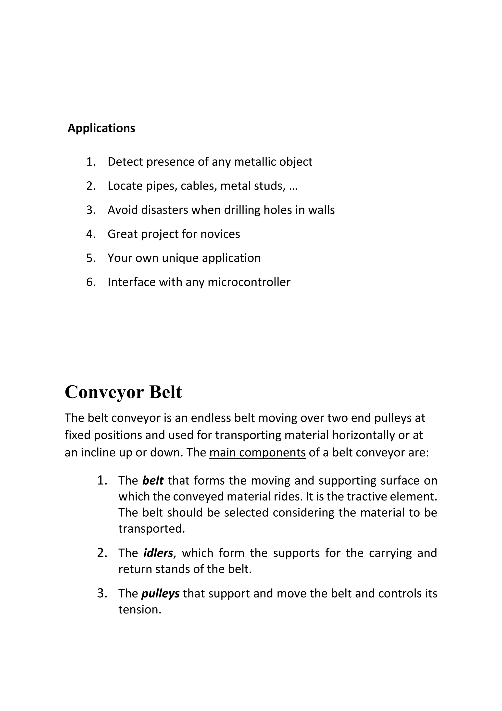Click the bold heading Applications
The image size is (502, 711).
point(101,128)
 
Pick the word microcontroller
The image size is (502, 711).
point(249,282)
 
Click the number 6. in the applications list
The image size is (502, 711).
point(91,282)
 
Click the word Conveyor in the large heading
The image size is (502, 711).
point(104,392)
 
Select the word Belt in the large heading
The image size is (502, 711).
point(165,392)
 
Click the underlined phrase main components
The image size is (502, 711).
point(257,452)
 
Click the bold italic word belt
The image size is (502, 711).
point(153,480)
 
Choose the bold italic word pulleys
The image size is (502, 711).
point(160,593)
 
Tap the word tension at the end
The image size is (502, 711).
point(139,610)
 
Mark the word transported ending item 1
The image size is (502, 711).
point(151,529)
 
